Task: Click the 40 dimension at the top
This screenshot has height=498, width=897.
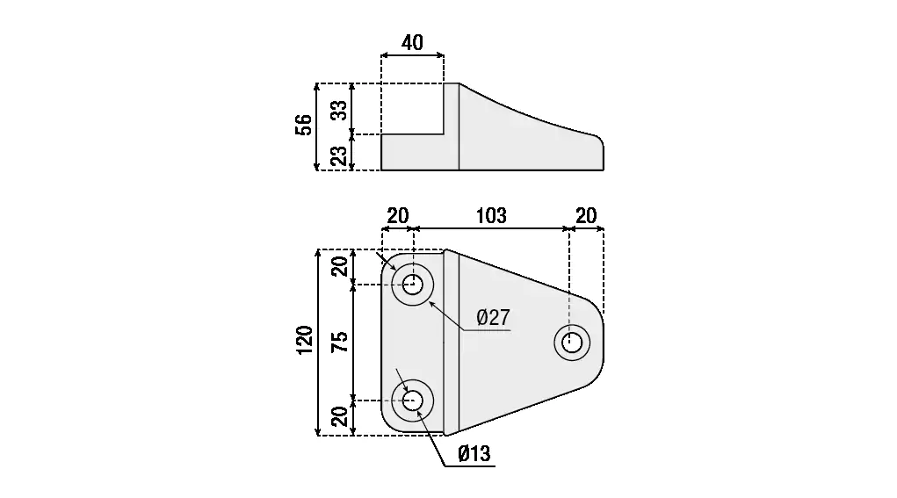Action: (x=412, y=42)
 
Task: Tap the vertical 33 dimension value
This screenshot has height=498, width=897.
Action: (x=339, y=110)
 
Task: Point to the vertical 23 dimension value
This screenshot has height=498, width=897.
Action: (x=339, y=155)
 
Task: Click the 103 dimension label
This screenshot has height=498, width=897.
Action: (x=490, y=216)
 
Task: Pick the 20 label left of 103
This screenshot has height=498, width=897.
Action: (x=398, y=216)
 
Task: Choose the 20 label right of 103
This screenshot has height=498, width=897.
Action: (x=585, y=216)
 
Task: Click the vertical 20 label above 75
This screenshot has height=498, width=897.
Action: (x=339, y=266)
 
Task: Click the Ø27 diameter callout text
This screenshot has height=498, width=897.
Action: (x=493, y=318)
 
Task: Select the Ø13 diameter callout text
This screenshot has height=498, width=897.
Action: (x=474, y=454)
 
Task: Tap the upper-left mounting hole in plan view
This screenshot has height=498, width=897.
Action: (x=413, y=284)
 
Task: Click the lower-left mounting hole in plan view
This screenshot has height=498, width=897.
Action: (x=413, y=401)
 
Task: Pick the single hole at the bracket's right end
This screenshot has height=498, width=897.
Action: (x=572, y=343)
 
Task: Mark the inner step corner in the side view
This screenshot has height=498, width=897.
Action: (x=445, y=134)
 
